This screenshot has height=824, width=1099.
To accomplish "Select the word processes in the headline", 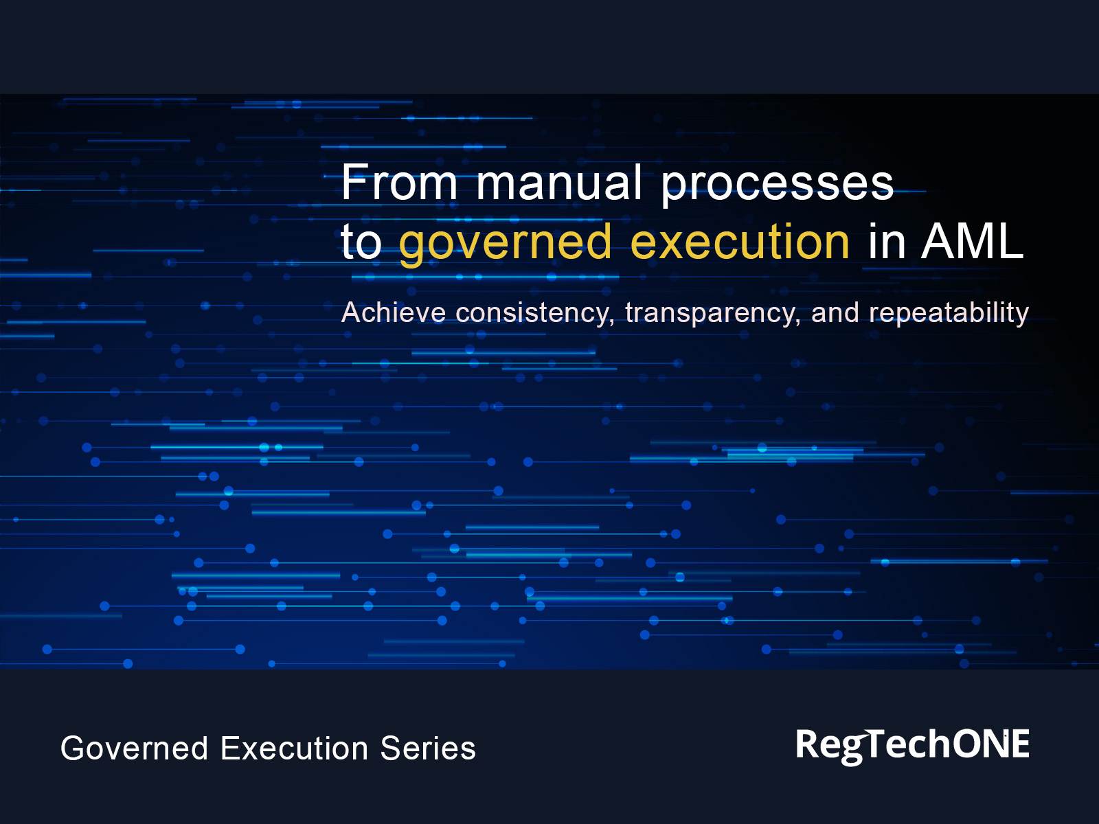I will (x=777, y=184).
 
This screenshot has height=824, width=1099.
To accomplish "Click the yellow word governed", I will (x=505, y=243).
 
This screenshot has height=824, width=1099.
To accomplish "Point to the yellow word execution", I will (x=740, y=242).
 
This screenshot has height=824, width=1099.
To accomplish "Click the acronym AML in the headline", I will (x=972, y=242).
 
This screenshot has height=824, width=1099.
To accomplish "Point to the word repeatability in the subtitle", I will (x=949, y=313).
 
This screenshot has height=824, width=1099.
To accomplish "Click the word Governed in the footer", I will (x=135, y=748).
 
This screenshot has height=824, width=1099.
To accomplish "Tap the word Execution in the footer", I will (x=293, y=748).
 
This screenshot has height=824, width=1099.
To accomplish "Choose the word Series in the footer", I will (x=428, y=748).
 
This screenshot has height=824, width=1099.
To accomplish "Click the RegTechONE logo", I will (x=912, y=745).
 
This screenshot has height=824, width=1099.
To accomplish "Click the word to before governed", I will (x=361, y=242).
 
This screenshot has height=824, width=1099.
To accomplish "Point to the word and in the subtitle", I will (x=835, y=313).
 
